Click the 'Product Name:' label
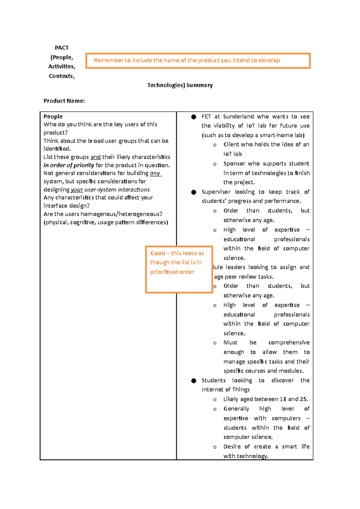(64, 101)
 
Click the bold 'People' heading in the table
(53, 116)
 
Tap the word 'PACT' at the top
(61, 48)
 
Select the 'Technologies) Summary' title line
(180, 85)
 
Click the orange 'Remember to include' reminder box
(198, 61)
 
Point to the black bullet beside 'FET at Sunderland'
(194, 117)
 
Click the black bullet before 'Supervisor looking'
(194, 192)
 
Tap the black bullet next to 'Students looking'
(194, 380)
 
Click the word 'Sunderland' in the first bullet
(238, 116)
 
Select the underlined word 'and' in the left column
(95, 157)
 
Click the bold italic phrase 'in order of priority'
(69, 165)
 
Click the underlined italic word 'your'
(77, 189)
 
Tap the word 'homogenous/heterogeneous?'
(121, 214)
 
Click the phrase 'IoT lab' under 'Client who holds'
(232, 154)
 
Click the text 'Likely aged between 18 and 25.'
(265, 399)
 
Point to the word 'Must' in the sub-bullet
(230, 342)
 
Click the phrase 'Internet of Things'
(225, 389)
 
